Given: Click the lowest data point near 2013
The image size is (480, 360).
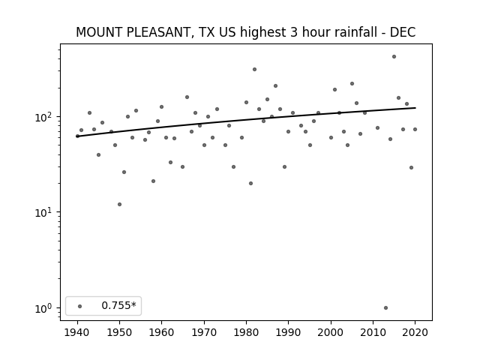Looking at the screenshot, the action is coord(385,308).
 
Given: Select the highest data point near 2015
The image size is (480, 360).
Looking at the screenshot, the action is coord(394,57).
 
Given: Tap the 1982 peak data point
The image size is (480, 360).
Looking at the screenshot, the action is coord(255,70).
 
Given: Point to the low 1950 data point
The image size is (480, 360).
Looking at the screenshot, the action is coord(119,205).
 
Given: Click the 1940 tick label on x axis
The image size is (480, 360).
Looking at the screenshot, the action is coord(77,332).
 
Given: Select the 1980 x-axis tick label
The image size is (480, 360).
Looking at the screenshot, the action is coord(246,332).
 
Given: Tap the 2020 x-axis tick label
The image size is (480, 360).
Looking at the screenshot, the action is coord(415,332).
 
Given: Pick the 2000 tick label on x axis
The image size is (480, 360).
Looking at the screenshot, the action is coord(331,332).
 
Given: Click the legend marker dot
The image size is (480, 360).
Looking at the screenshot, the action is coord(80,307).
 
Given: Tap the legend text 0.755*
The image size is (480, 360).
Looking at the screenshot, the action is coord(118,305).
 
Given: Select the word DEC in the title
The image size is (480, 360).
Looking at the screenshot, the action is coord(403,32).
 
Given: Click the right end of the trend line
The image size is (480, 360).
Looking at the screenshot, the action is coord(415,108).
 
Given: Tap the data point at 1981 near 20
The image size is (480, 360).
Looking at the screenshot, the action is coord(250,184).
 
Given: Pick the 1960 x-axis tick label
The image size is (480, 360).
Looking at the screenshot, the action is coord(162,332).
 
